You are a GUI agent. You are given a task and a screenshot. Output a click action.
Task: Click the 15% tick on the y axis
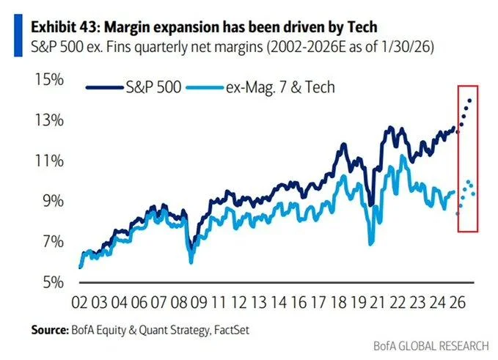click(x=45, y=79)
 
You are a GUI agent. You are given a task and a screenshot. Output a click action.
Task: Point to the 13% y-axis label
click(x=45, y=120)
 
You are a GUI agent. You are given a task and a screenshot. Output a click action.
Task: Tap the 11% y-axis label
click(x=45, y=161)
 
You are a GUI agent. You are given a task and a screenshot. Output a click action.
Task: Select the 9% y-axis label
click(x=48, y=201)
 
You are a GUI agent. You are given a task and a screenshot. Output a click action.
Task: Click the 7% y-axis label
click(x=48, y=241)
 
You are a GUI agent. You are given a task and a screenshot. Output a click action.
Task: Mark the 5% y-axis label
click(x=48, y=282)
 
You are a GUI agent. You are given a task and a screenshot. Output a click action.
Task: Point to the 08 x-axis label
click(x=178, y=302)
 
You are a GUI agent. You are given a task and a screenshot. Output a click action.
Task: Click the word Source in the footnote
click(x=48, y=330)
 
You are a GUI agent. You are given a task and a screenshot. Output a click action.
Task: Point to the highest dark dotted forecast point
click(x=469, y=100)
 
